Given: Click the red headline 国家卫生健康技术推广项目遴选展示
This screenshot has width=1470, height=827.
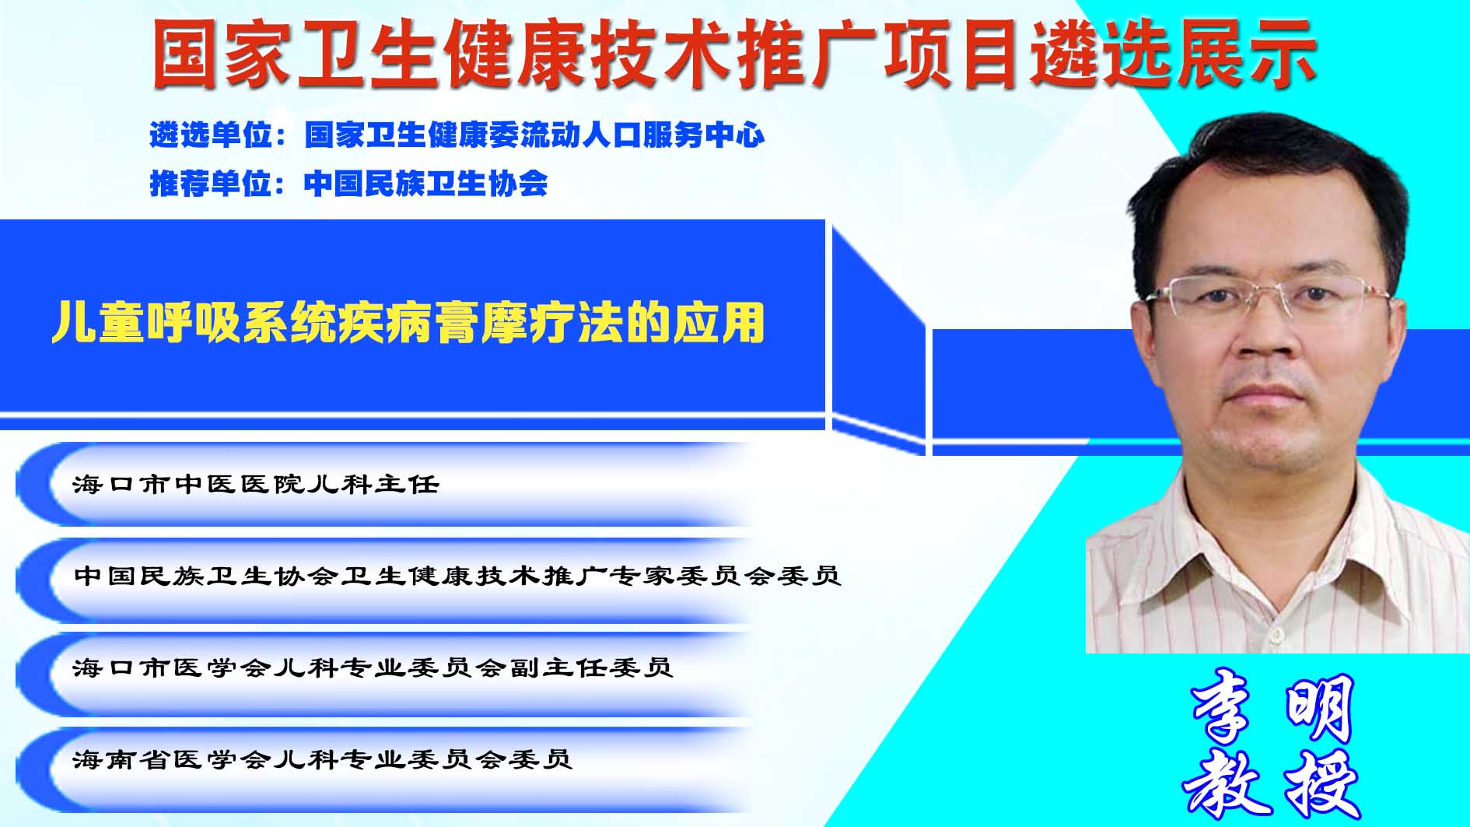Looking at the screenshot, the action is pyautogui.click(x=734, y=54).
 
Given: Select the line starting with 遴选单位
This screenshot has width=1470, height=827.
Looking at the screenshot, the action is pyautogui.click(x=457, y=135).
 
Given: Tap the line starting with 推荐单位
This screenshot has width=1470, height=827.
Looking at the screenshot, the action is pyautogui.click(x=348, y=183).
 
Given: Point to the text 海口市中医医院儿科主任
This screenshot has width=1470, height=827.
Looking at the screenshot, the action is pyautogui.click(x=256, y=484).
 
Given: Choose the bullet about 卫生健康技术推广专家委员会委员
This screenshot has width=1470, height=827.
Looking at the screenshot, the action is pyautogui.click(x=457, y=576).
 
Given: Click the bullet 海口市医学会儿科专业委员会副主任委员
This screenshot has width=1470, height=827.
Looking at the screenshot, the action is pyautogui.click(x=373, y=668).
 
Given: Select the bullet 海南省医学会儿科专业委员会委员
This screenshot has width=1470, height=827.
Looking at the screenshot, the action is pyautogui.click(x=323, y=759).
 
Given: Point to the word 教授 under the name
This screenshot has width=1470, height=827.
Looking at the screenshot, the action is pyautogui.click(x=1271, y=781).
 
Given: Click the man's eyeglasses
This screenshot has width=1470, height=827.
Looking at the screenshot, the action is pyautogui.click(x=1268, y=300).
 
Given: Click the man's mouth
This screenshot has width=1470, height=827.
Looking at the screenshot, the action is pyautogui.click(x=1266, y=393).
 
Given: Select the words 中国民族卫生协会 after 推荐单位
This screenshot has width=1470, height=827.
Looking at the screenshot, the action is pyautogui.click(x=426, y=183).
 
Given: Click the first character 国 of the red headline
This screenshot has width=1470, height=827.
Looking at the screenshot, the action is pyautogui.click(x=184, y=54).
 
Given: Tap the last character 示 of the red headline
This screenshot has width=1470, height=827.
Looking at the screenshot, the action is pyautogui.click(x=1283, y=54).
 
